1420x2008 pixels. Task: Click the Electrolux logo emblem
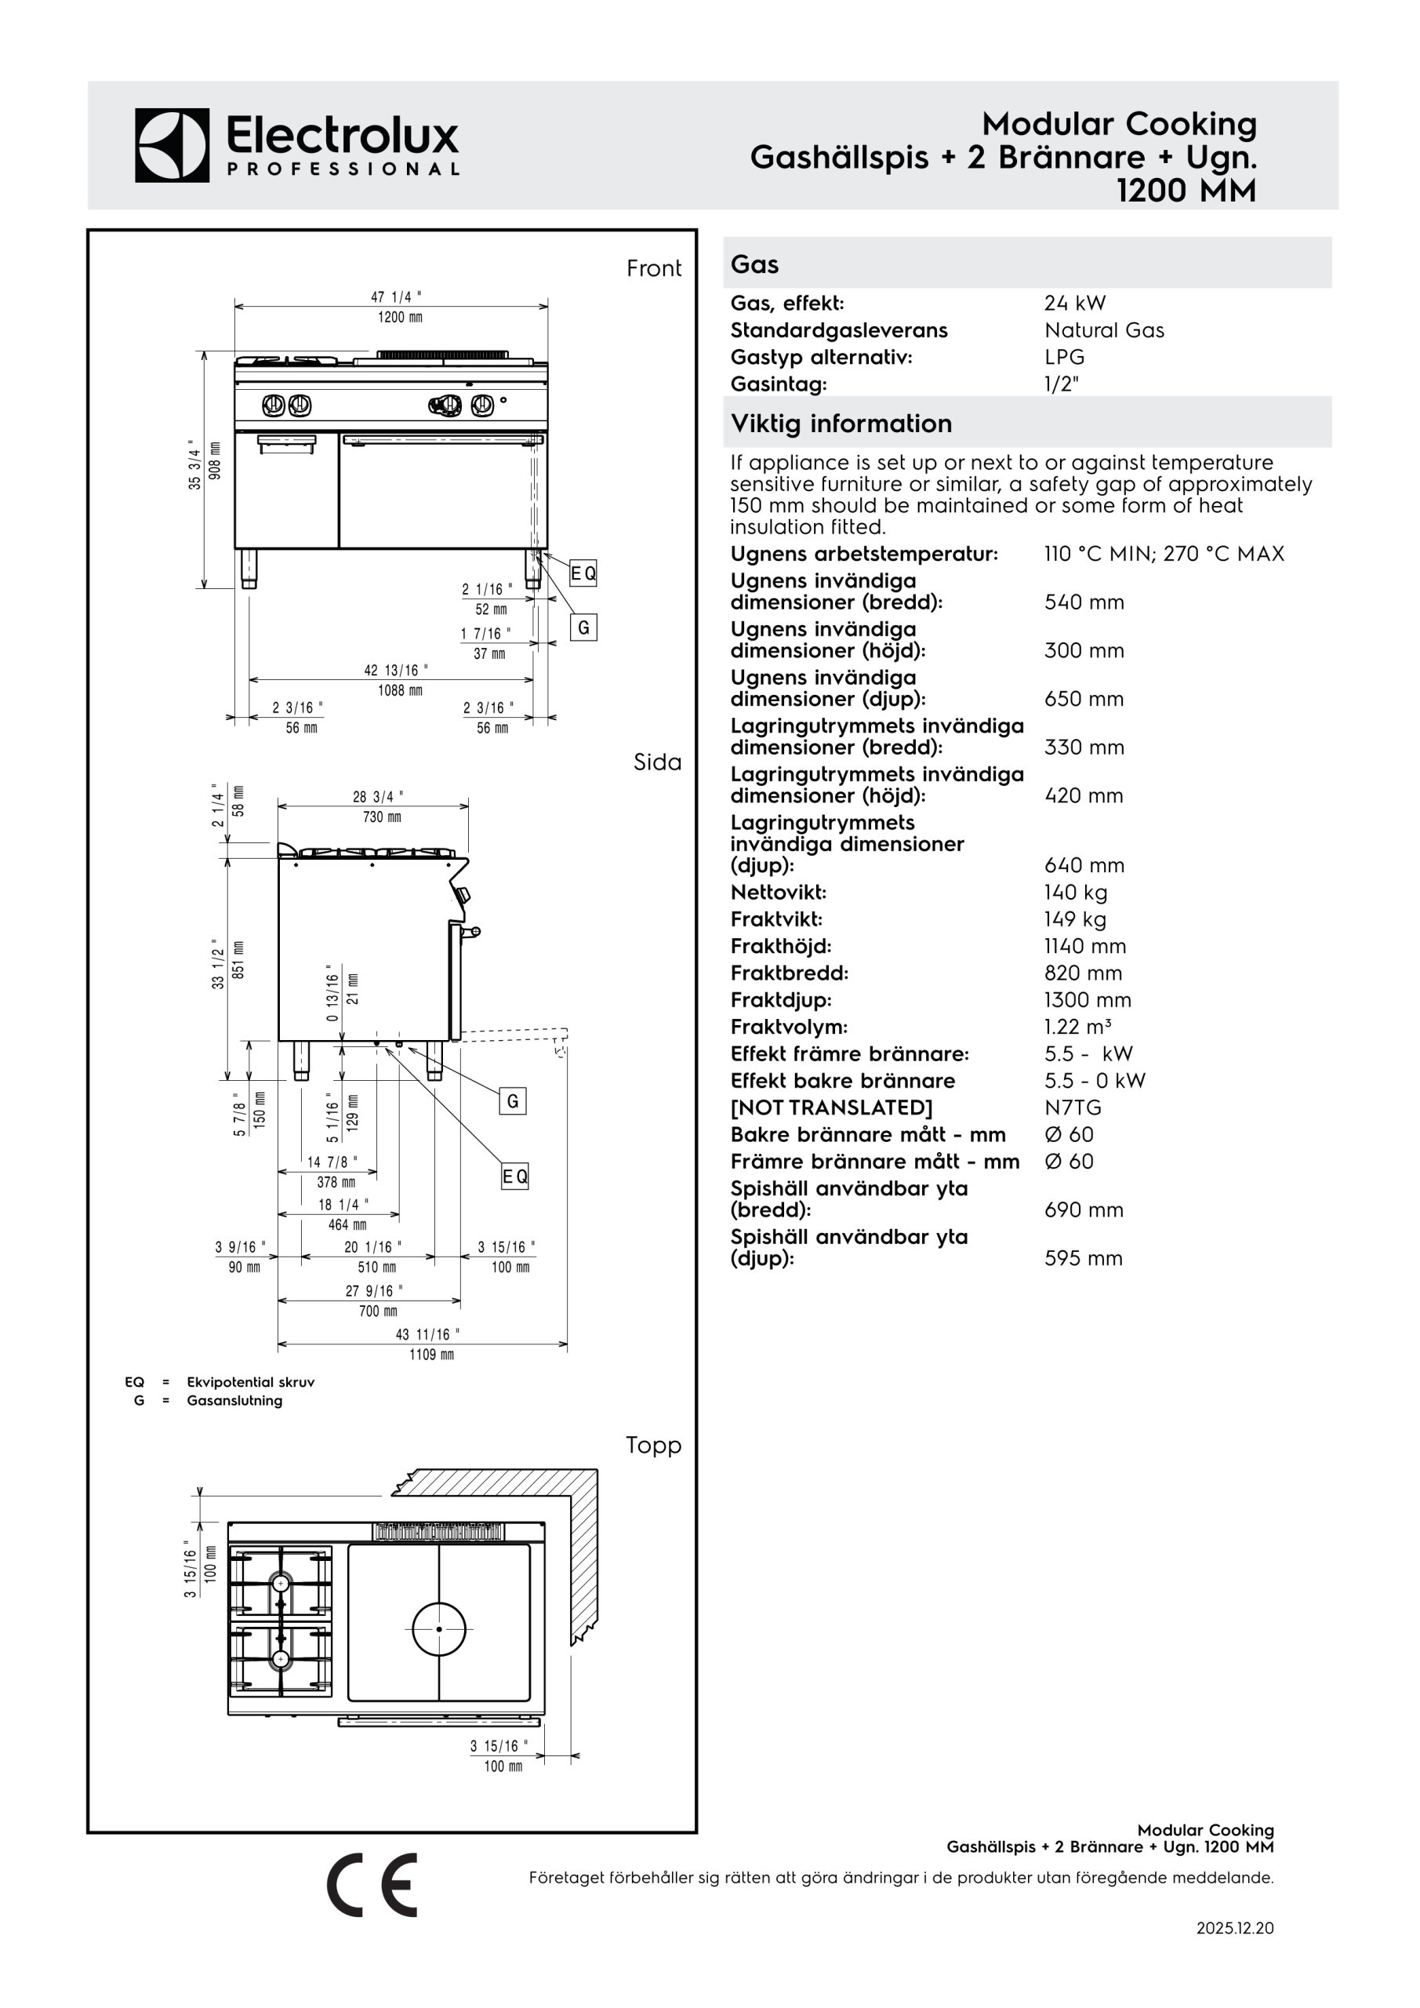[173, 145]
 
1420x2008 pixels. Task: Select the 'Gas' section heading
[754, 264]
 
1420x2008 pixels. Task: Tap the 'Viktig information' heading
[841, 424]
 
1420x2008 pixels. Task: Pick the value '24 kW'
[1075, 304]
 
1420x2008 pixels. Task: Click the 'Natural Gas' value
[1104, 330]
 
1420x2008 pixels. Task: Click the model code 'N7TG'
[1073, 1108]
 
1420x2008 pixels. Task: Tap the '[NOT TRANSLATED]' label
[832, 1108]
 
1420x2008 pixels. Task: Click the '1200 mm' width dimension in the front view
[400, 318]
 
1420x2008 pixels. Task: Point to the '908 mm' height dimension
[216, 460]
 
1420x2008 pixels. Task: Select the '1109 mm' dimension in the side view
[432, 1355]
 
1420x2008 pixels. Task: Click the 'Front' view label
[654, 268]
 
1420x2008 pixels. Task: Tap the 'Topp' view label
[653, 1446]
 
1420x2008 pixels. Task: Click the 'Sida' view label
[658, 762]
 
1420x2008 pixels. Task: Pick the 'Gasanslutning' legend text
[234, 1400]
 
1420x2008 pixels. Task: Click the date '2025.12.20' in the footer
[1235, 1929]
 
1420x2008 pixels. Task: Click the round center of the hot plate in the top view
[439, 1629]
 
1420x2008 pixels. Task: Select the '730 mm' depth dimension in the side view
[382, 817]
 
